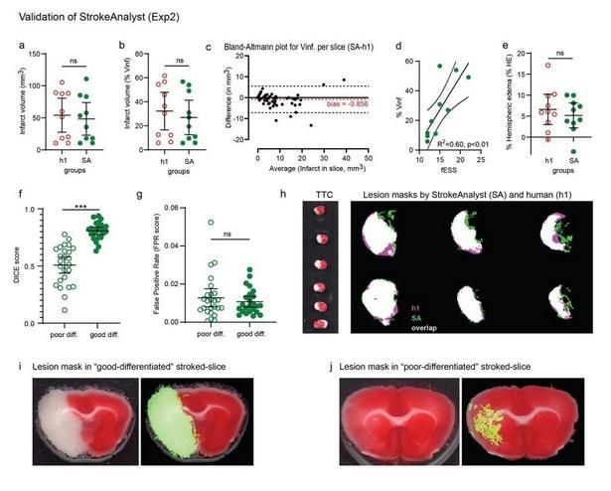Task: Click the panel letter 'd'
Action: tap(399, 46)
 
